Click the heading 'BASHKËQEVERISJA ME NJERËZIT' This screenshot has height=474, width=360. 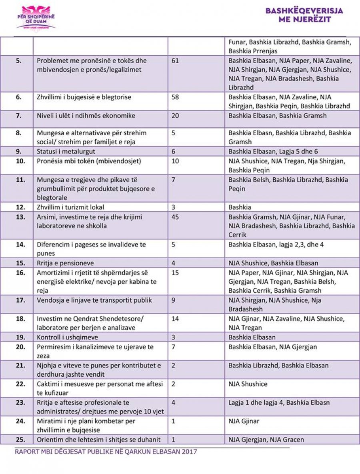pos(304,14)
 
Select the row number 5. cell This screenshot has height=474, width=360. pos(18,61)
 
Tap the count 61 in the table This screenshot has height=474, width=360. pos(175,61)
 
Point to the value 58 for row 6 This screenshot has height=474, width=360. pos(175,97)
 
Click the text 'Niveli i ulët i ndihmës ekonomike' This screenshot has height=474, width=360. pos(86,116)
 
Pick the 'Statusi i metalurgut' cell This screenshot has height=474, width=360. pos(66,151)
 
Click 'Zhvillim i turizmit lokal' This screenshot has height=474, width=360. pos(70,207)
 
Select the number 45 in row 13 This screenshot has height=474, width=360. pos(175,217)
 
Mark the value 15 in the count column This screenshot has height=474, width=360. pos(175,273)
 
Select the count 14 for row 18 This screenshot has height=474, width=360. pos(175,319)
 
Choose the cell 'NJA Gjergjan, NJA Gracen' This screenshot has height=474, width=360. pos(266,440)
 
